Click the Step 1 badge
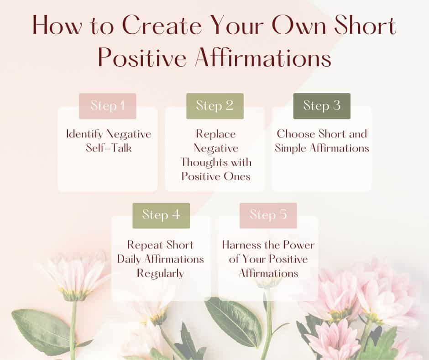pos(107,106)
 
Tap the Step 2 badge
pos(214,106)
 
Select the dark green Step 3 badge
pos(322,106)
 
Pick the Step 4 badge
pos(161,215)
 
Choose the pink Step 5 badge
pos(268,215)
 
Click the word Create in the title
pos(153,26)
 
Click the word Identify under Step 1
pos(85,134)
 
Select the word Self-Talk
pos(108,148)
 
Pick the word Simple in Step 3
pos(293,148)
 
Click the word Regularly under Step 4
pos(162,273)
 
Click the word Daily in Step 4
pos(131,259)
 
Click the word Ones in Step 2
pos(236,176)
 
